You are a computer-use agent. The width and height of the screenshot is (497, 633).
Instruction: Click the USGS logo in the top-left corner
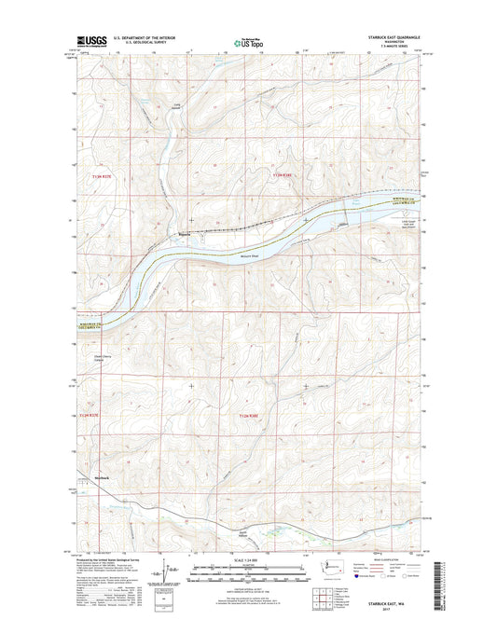pyautogui.click(x=84, y=42)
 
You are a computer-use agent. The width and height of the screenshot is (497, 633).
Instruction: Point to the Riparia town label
pyautogui.click(x=185, y=234)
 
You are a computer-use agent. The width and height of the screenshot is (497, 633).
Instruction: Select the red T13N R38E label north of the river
pyautogui.click(x=283, y=174)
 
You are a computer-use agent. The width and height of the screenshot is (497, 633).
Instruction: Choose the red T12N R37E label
pyautogui.click(x=88, y=413)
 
